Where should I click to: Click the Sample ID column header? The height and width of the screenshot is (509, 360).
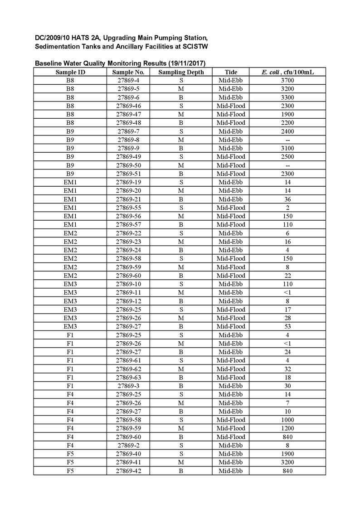pos(70,72)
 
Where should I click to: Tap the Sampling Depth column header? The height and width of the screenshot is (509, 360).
pos(181,72)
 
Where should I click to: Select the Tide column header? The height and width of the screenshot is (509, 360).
pos(231,72)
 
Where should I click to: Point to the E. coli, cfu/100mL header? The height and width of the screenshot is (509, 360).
pos(287,72)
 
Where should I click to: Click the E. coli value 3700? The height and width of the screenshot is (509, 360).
pos(287,80)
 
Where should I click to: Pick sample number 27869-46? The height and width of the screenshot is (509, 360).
pos(128,106)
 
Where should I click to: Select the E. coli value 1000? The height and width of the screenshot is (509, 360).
pos(287,420)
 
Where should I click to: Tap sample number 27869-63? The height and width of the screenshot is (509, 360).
pos(128,377)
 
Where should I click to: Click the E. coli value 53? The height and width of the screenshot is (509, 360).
pos(287,326)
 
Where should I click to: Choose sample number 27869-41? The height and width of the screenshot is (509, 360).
pos(128,462)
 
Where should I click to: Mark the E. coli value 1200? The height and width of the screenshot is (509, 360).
pos(287,428)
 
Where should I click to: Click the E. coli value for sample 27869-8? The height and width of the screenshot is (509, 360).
pos(287,140)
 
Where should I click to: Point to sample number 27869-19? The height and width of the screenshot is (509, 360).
pos(128,182)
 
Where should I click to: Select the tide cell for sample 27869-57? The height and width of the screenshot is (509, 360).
pos(231,224)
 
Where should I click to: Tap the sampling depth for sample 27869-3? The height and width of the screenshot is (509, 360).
pos(181,386)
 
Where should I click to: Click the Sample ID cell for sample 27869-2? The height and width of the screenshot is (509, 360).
pos(70,445)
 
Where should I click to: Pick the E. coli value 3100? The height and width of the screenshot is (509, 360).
pos(287,148)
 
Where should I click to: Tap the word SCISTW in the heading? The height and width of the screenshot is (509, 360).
pos(195,47)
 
